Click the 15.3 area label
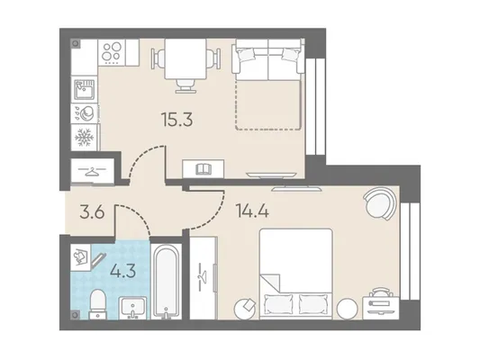point(177,120)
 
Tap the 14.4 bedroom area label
point(252,211)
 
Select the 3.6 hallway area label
point(92,212)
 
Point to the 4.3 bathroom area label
point(122,270)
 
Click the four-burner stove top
point(112,52)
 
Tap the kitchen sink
point(84,89)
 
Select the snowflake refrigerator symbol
point(84,138)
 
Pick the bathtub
point(166,282)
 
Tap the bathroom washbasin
point(132,308)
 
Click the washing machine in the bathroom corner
point(80,257)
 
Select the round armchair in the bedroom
point(381,203)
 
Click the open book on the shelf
point(204,169)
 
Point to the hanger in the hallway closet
point(92,171)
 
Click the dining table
point(186,59)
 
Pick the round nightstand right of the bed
point(347,309)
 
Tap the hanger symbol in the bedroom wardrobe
point(201,277)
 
